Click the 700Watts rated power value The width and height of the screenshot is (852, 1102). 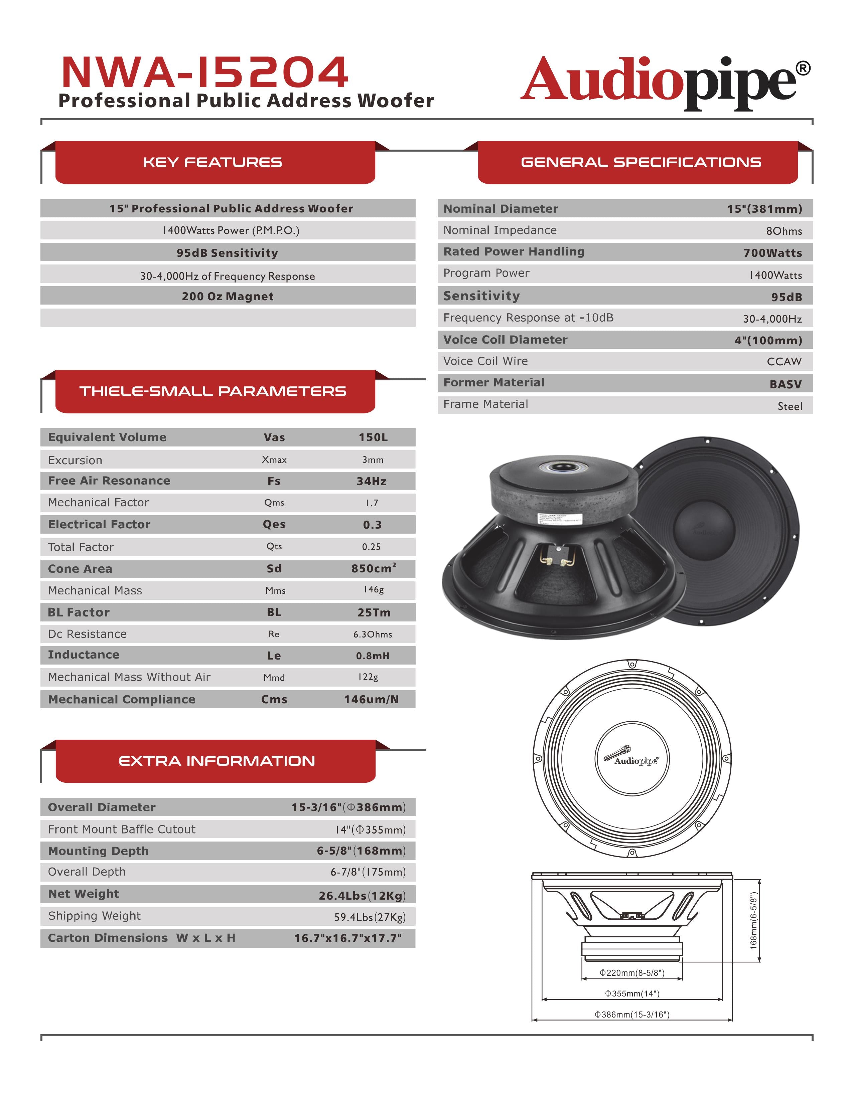772,253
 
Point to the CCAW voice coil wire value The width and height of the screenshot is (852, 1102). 784,361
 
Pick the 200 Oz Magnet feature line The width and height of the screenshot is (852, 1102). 228,296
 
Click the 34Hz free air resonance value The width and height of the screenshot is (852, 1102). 372,481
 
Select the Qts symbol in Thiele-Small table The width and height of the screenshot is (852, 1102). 274,546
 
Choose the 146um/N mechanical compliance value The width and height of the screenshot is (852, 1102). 372,699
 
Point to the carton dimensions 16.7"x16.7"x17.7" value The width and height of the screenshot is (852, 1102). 348,938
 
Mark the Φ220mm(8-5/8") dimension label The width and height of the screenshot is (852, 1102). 632,972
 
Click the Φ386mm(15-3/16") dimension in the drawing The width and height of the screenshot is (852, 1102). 632,1014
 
